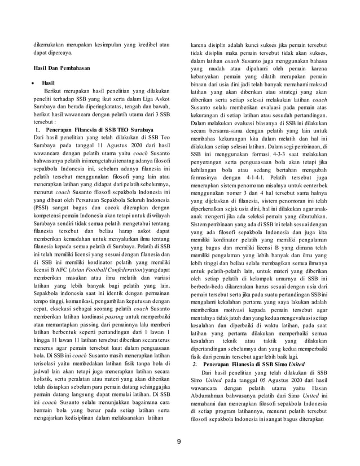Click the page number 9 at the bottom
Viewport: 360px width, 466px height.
tap(179, 441)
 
